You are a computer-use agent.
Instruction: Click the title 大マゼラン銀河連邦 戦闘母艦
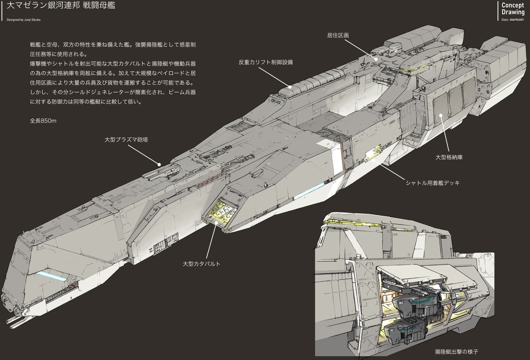61,5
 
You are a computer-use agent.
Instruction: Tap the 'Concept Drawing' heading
513,9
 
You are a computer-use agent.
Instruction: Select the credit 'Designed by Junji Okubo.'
24,20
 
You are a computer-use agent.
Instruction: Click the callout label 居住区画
338,36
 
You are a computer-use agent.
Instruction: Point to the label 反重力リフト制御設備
266,62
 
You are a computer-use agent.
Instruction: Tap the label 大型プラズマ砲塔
126,140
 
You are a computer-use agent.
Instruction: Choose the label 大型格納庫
449,157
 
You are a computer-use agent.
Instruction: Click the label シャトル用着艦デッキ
433,183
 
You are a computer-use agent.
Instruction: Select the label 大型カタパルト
202,264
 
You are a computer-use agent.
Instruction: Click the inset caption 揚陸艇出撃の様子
456,352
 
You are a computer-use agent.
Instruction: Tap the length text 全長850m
43,121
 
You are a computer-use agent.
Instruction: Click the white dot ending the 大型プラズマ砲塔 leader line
159,164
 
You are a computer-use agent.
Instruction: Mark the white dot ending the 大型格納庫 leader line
441,115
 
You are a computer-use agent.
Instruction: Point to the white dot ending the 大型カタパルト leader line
217,223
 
